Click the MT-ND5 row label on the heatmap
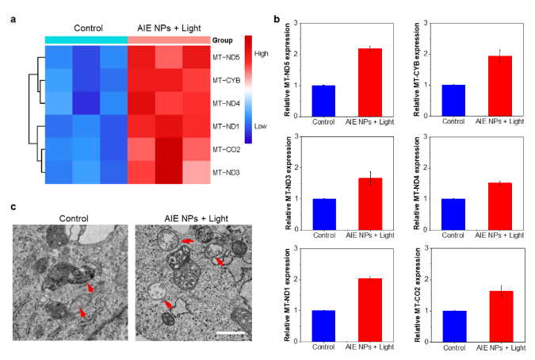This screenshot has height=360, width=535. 224,57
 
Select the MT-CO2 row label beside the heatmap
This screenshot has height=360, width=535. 224,148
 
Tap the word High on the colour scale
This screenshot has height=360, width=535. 262,52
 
